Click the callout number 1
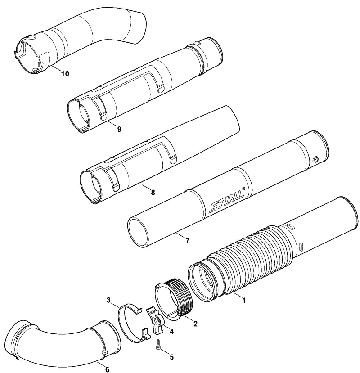(243, 300)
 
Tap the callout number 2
(195, 324)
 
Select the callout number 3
(108, 300)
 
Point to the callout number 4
(171, 331)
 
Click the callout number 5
(171, 357)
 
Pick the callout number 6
(107, 369)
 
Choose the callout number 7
(187, 241)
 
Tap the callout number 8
(153, 192)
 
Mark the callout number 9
(119, 129)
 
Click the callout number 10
(65, 74)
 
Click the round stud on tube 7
(316, 159)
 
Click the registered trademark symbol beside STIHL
(243, 189)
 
